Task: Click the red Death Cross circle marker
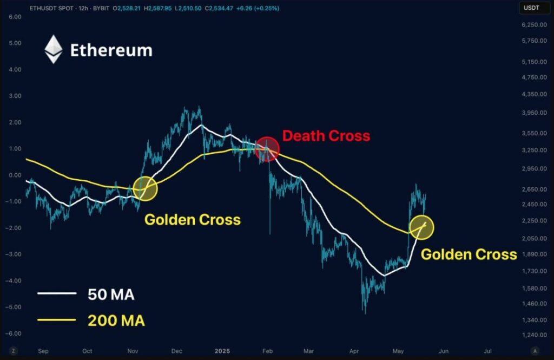tap(267, 149)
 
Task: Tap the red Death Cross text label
tap(326, 136)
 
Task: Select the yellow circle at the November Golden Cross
tap(145, 189)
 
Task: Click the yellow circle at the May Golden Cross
tap(421, 227)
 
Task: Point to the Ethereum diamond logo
tap(54, 49)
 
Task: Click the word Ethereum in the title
tap(111, 50)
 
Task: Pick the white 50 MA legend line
tap(57, 293)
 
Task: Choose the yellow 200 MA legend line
tap(57, 320)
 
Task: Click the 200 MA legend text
tap(116, 320)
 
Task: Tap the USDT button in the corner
tap(531, 8)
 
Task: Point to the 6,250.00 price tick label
tap(534, 25)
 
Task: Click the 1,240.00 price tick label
tap(534, 335)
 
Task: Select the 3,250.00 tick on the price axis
tap(534, 150)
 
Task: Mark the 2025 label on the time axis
tap(222, 351)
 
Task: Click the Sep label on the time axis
tap(43, 351)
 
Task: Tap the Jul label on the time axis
tap(487, 351)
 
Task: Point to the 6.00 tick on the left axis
tap(15, 17)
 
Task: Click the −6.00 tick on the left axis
tap(13, 333)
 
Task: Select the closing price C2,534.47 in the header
tap(219, 8)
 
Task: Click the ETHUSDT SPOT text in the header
tap(52, 8)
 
